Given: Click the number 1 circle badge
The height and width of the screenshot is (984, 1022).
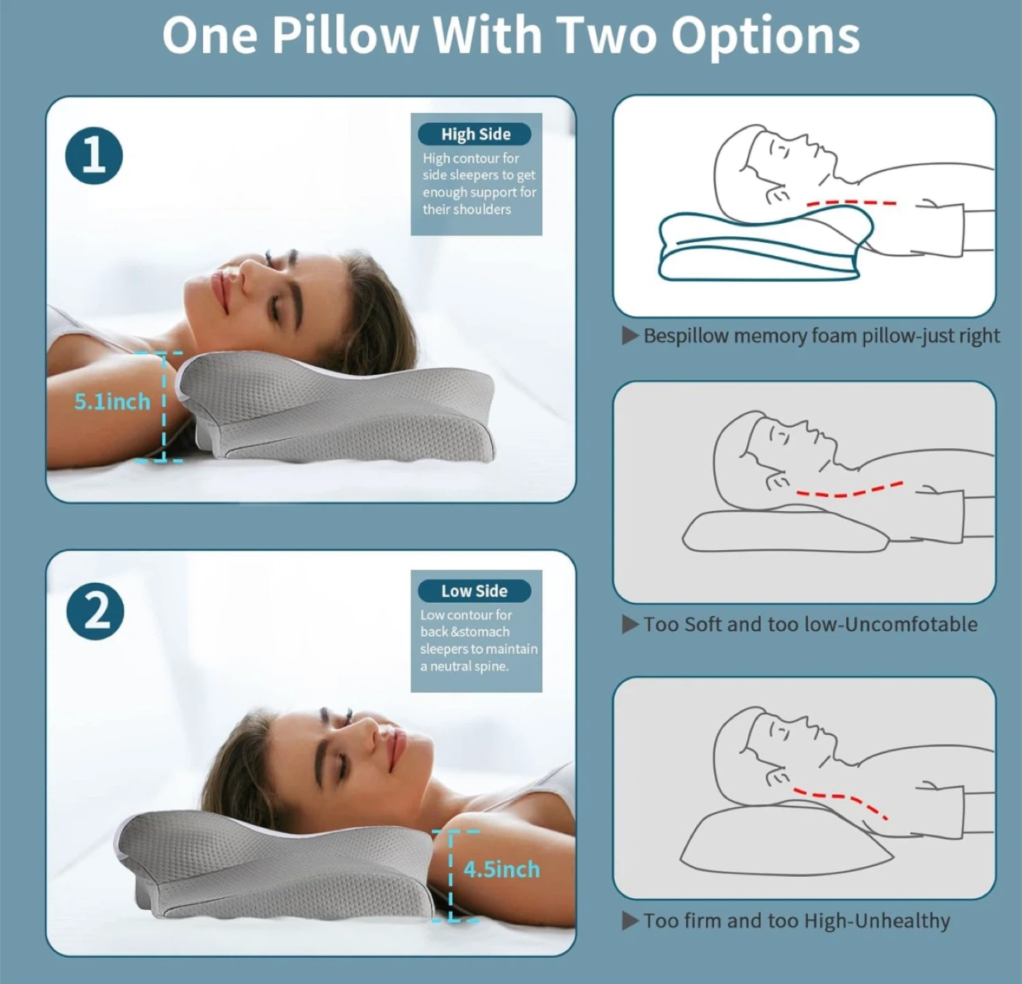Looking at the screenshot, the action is [94, 155].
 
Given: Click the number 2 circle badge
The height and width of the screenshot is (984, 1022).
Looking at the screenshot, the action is [95, 611].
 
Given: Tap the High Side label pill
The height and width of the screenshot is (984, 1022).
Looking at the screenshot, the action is [475, 134].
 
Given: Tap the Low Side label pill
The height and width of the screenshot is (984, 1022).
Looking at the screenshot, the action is [475, 591].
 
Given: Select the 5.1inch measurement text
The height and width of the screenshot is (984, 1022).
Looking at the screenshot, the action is [112, 402].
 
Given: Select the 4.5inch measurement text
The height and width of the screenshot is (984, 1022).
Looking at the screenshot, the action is [502, 870].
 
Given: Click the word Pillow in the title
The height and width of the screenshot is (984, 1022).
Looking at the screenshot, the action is [344, 35].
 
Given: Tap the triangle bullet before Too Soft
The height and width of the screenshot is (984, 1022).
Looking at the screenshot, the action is [630, 624].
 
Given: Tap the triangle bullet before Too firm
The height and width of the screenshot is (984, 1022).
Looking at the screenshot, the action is [630, 920].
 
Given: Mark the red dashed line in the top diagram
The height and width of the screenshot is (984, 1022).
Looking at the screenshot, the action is [851, 202].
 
